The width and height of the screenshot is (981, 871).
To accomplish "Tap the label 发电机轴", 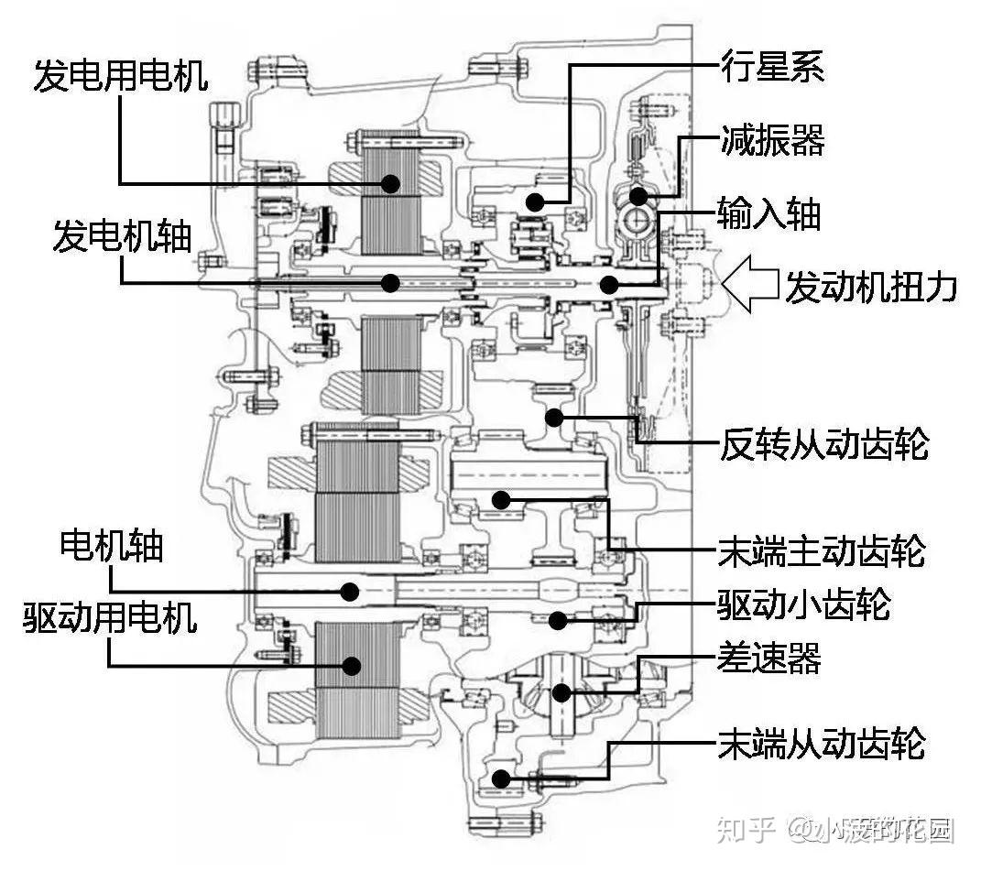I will tap(121, 235).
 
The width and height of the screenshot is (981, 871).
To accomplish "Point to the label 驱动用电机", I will tap(111, 618).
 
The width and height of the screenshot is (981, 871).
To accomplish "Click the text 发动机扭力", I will tap(871, 287).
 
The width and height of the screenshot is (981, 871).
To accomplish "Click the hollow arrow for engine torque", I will tap(749, 283).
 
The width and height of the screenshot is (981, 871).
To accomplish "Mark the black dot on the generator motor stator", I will tap(391, 183).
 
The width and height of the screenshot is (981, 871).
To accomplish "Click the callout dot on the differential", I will tap(560, 692).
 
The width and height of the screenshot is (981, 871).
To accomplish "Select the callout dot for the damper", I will tap(638, 195).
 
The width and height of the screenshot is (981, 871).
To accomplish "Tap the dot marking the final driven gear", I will tap(500, 779).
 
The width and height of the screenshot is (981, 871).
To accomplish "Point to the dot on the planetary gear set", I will tap(535, 201).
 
